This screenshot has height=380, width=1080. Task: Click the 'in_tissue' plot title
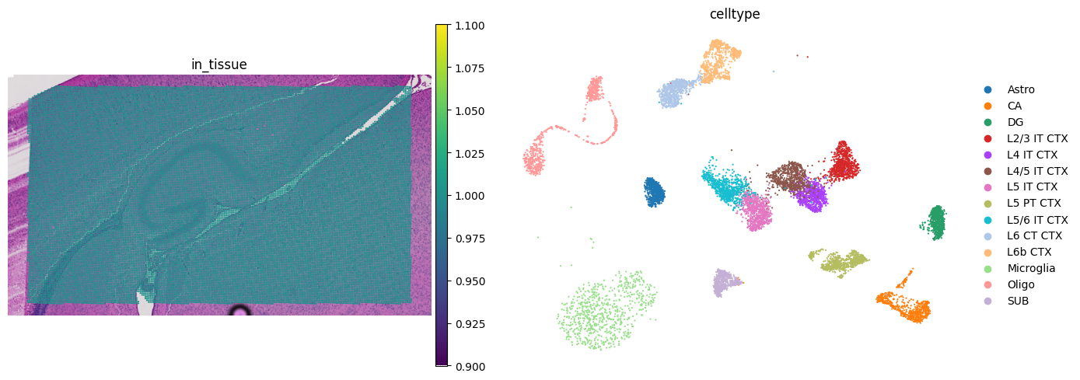click(x=219, y=64)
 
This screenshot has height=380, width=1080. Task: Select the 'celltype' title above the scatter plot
click(x=735, y=14)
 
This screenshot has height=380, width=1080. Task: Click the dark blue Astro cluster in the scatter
click(x=654, y=192)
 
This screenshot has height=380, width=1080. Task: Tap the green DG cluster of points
click(x=936, y=222)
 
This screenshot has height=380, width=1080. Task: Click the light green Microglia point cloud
click(x=603, y=311)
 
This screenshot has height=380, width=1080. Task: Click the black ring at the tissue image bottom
click(x=240, y=312)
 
